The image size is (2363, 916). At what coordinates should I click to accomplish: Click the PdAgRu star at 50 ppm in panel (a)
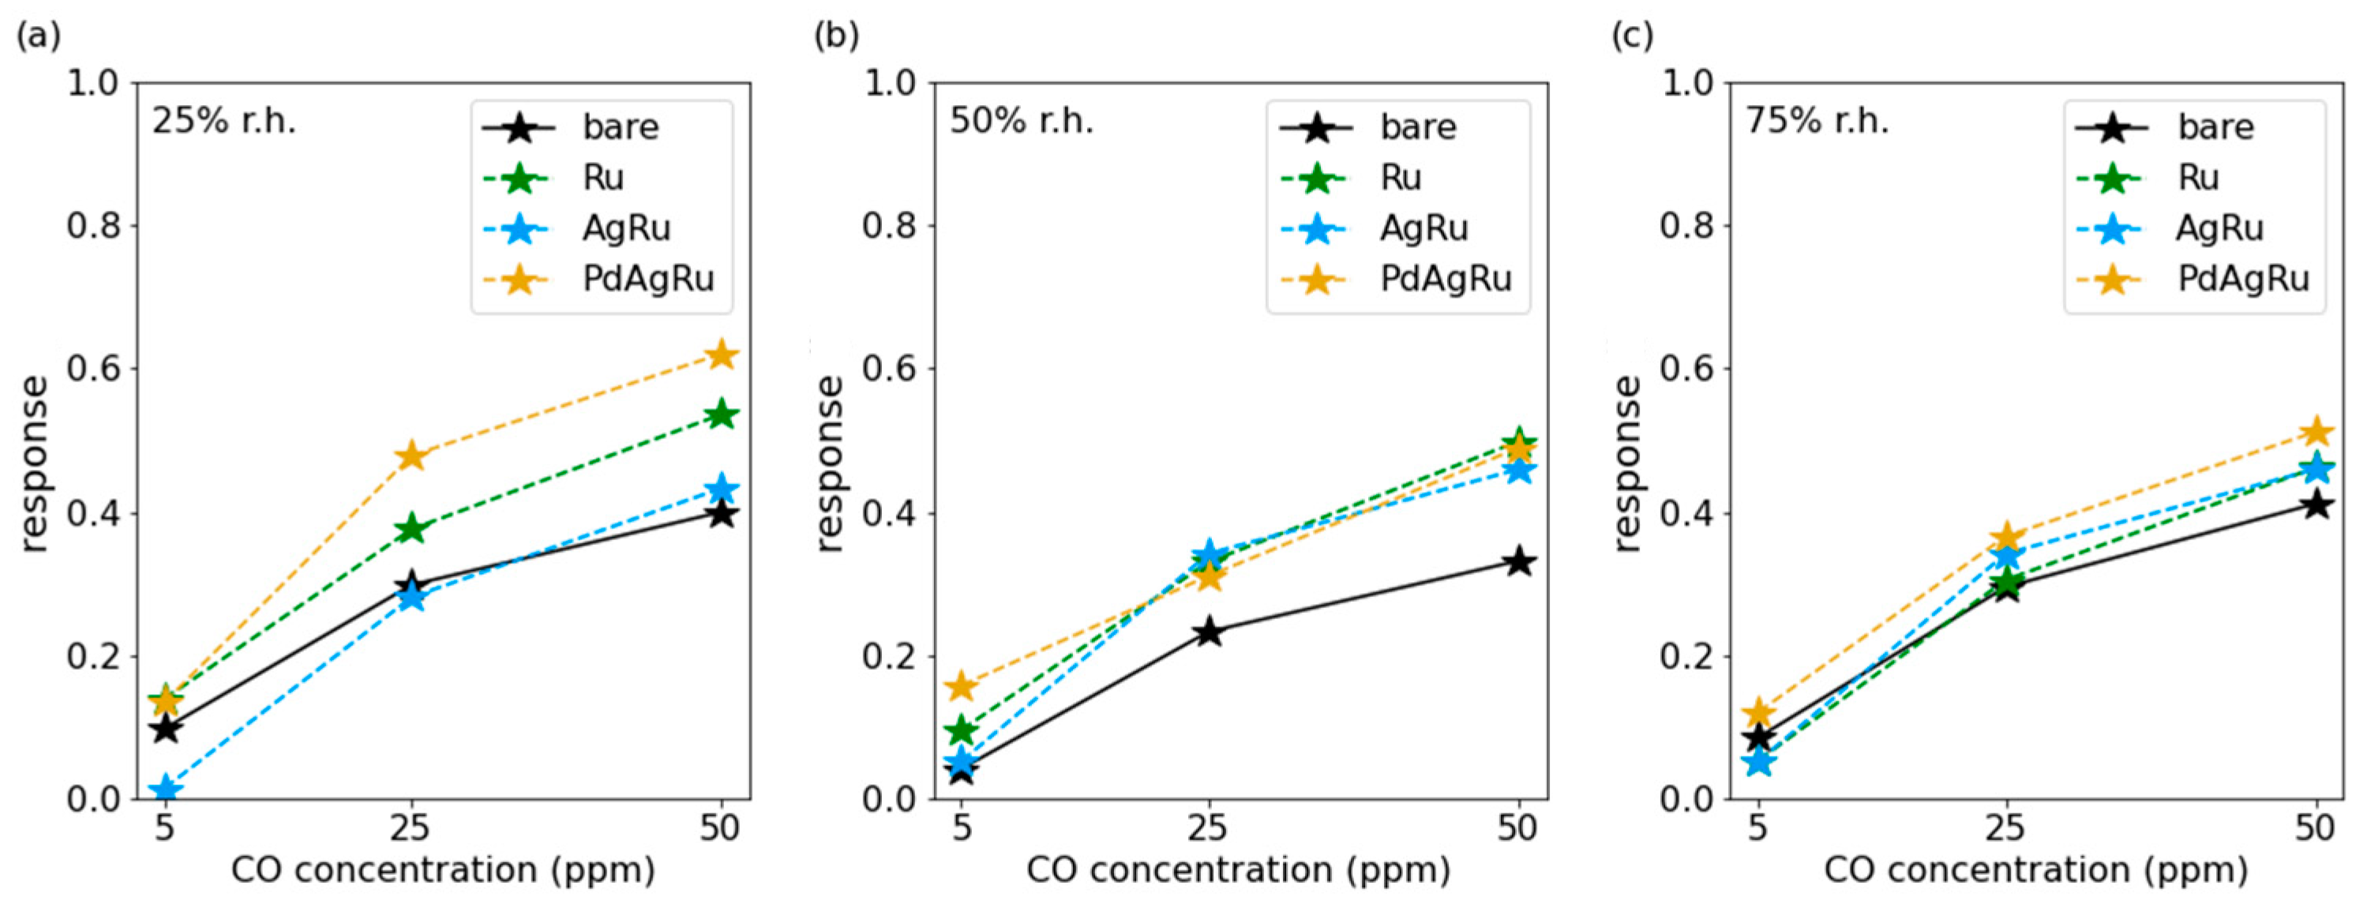[721, 355]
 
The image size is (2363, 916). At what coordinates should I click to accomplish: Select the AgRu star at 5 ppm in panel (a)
[165, 790]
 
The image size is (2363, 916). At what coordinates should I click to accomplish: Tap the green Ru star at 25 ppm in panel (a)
[412, 528]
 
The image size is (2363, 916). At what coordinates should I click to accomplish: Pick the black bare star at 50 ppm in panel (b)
[1520, 561]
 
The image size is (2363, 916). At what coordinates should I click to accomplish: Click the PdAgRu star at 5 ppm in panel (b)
[962, 685]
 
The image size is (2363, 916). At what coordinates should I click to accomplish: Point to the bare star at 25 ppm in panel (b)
[1209, 632]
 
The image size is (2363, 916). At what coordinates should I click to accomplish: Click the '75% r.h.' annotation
[1817, 121]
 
